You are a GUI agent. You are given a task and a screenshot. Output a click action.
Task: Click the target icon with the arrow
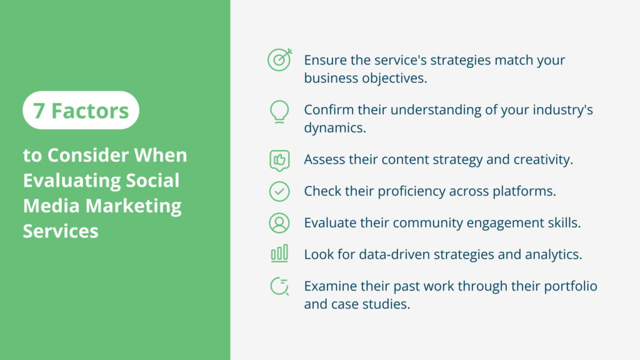[x=279, y=59]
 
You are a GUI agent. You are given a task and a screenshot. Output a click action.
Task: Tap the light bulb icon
[x=279, y=111]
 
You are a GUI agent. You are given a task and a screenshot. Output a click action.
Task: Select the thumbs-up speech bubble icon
[x=279, y=160]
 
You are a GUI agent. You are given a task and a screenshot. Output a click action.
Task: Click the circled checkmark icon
[x=279, y=191]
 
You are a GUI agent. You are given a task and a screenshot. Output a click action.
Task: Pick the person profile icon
[x=279, y=222]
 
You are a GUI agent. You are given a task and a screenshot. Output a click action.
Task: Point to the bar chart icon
[x=279, y=253]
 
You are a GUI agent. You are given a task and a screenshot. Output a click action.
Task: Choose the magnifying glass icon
[x=279, y=286]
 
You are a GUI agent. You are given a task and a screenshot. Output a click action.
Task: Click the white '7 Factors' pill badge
[x=81, y=111]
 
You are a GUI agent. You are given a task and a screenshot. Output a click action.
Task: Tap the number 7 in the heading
[x=39, y=111]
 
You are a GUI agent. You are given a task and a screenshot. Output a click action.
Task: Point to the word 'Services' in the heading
[x=61, y=231]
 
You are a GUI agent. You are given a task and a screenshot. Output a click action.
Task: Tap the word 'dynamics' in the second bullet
[x=334, y=127]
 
